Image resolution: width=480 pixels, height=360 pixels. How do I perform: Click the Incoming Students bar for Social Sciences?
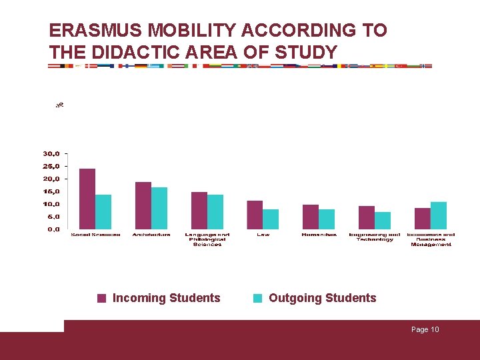click(x=87, y=199)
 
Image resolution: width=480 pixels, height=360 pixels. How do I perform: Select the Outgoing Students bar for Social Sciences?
click(x=103, y=212)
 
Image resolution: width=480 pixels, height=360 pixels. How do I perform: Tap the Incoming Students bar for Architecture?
click(x=143, y=205)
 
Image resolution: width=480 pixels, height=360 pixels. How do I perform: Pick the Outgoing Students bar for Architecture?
click(x=159, y=208)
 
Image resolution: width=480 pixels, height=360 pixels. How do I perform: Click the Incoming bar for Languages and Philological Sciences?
click(x=199, y=210)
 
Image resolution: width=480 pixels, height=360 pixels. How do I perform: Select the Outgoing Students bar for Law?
click(x=271, y=219)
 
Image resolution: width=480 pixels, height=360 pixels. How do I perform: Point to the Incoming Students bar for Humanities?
click(x=311, y=217)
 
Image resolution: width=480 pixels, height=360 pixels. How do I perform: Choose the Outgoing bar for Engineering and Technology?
click(x=383, y=220)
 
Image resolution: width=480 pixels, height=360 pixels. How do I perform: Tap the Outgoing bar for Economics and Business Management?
click(x=439, y=215)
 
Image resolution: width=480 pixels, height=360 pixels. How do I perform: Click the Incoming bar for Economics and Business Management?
click(x=423, y=218)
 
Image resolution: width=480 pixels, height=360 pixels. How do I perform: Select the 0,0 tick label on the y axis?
click(x=53, y=229)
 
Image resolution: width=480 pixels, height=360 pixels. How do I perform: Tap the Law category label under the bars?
click(x=263, y=235)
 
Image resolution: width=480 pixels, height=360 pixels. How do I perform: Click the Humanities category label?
click(x=319, y=235)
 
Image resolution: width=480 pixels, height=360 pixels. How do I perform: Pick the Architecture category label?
click(x=151, y=235)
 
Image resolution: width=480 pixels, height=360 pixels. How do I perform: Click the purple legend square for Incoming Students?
click(x=102, y=299)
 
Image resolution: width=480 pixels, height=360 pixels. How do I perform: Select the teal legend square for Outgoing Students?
click(x=258, y=299)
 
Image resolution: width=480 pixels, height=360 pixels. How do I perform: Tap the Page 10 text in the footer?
click(x=425, y=330)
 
